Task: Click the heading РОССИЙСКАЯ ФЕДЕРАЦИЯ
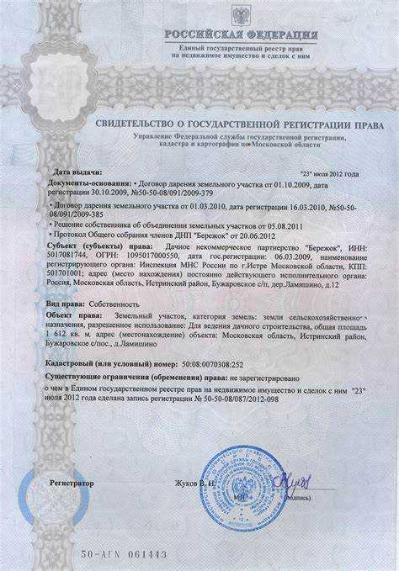(241, 35)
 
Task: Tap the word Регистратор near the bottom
(72, 484)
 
